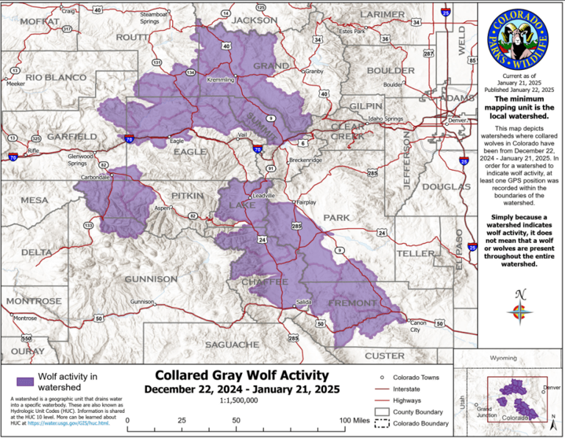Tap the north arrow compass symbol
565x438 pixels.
520,306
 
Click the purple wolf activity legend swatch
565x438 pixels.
25,381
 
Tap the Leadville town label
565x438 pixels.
263,196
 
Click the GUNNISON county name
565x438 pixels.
151,279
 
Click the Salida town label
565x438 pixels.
303,303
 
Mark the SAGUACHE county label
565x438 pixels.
232,344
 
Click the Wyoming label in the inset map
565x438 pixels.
503,358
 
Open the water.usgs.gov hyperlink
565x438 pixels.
69,423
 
